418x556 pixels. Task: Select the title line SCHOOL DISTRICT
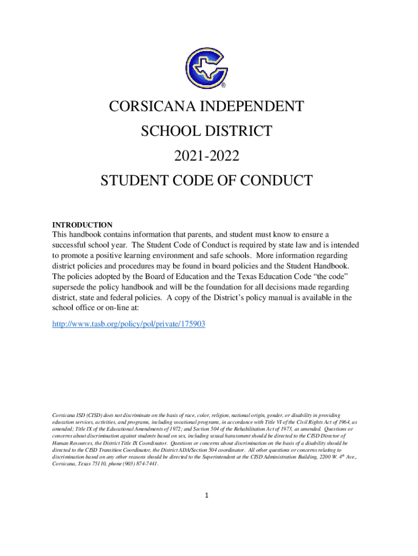click(x=206, y=131)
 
